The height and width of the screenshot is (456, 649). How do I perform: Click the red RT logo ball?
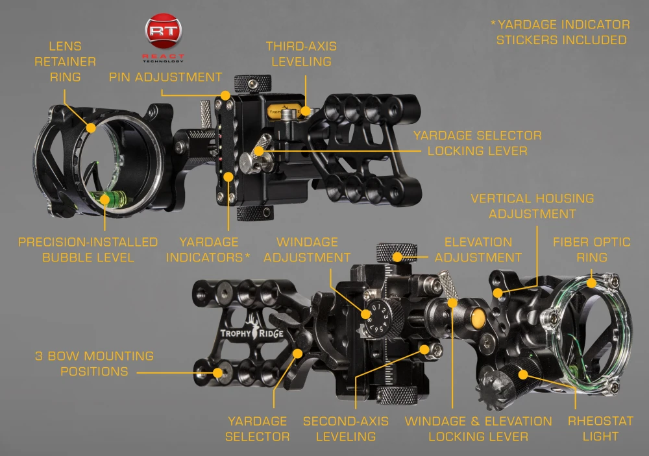tap(164, 30)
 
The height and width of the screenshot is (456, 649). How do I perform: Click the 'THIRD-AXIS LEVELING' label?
tap(301, 54)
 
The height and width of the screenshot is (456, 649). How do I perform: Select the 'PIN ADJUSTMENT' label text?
tap(165, 77)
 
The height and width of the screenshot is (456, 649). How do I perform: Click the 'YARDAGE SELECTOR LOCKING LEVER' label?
tap(477, 143)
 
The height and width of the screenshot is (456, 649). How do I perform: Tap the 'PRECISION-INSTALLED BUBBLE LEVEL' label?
tap(88, 250)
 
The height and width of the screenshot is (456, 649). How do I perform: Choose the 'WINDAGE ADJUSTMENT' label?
tap(307, 250)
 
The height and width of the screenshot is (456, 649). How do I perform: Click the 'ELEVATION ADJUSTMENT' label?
tap(478, 250)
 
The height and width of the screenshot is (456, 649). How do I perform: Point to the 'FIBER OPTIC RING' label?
tap(591, 250)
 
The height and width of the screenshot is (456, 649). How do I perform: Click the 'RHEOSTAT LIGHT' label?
tap(600, 429)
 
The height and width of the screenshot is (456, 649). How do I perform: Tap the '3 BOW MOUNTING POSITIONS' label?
tap(94, 363)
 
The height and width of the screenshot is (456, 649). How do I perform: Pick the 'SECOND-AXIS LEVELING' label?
tap(346, 429)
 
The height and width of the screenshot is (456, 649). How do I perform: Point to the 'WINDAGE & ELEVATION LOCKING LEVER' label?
tap(478, 429)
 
